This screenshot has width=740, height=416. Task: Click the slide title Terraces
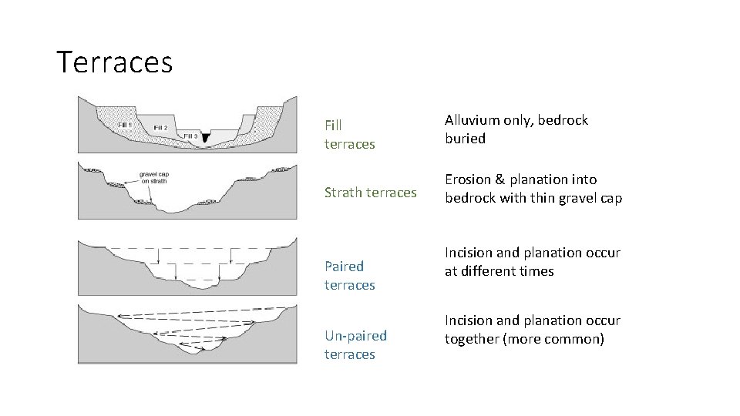point(115,62)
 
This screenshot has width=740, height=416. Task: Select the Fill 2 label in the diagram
point(162,127)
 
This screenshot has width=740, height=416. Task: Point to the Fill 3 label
point(191,135)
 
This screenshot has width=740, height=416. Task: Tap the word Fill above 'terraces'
point(334,125)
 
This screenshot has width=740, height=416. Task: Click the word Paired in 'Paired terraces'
point(344,267)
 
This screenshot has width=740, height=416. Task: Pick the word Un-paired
point(355,336)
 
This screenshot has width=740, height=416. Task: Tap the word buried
point(465,139)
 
